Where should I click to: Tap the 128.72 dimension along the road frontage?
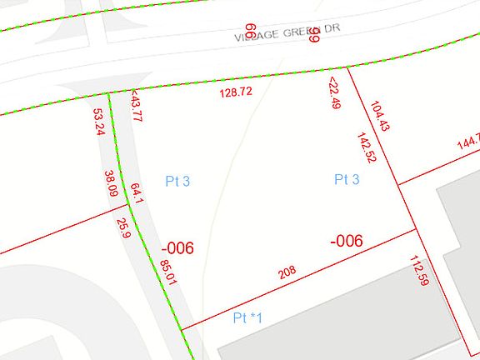tap(235, 92)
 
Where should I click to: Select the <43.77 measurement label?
tap(137, 107)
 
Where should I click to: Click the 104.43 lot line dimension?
tap(379, 117)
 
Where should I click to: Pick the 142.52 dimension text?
tap(366, 147)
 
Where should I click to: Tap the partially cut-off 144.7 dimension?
tap(467, 143)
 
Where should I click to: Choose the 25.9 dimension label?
tap(123, 228)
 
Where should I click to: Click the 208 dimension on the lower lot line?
tap(287, 272)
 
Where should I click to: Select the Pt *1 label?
tap(247, 317)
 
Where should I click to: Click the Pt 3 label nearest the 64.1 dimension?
tap(178, 181)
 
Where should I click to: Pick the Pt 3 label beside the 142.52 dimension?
tap(347, 179)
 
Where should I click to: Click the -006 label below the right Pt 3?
tap(346, 241)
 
